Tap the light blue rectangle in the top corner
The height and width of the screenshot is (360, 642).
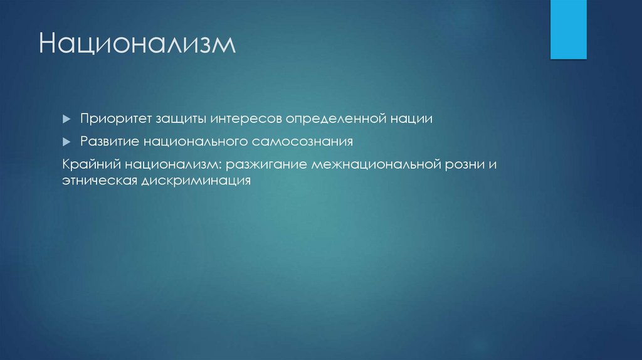pos(568,29)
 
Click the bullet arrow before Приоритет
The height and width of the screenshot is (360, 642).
pos(67,119)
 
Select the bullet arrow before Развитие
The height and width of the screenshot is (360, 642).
pos(67,142)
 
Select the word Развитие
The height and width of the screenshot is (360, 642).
pos(109,142)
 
